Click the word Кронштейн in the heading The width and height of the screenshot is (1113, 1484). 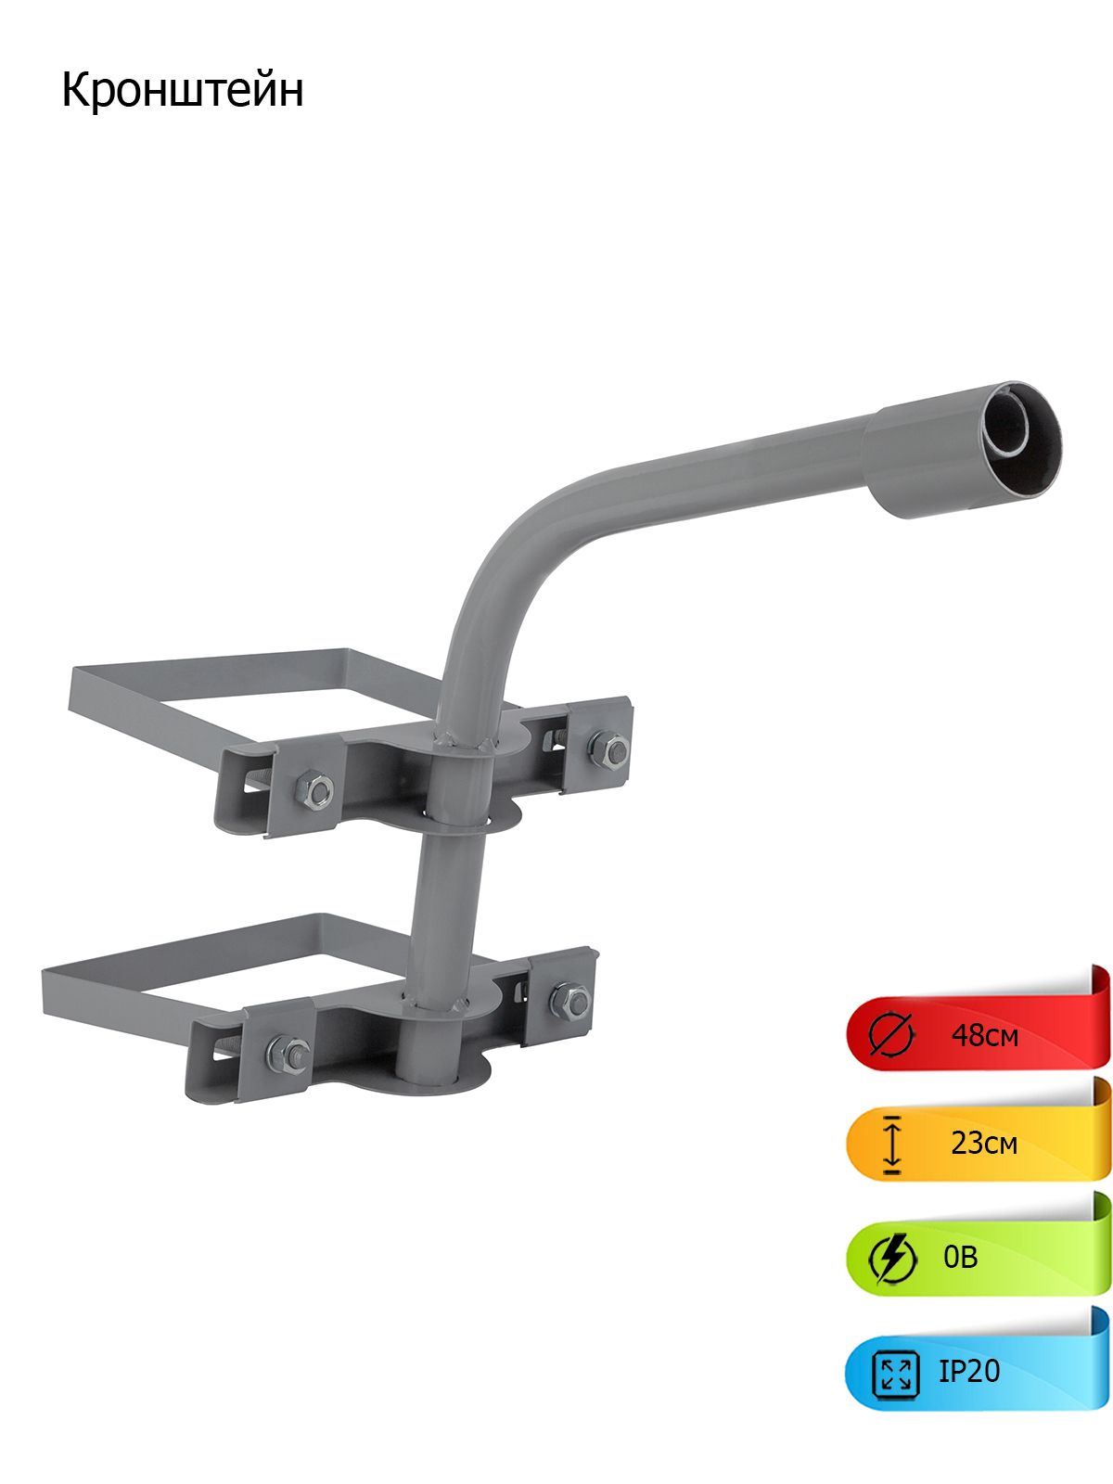(x=183, y=91)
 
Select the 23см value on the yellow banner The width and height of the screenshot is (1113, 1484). (x=983, y=1144)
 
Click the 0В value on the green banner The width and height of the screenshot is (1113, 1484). (x=960, y=1257)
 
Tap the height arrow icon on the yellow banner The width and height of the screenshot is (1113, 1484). (x=892, y=1145)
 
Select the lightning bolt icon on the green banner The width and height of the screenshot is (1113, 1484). (x=892, y=1259)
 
